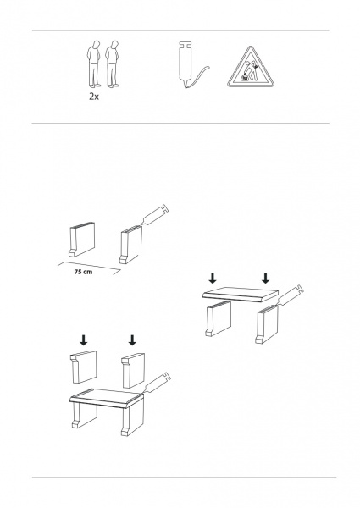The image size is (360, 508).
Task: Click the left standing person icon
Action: click(x=93, y=64)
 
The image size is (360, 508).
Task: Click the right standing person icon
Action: click(x=112, y=64)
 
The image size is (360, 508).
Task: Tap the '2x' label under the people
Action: click(x=94, y=97)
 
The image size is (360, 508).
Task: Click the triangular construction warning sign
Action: click(x=250, y=68)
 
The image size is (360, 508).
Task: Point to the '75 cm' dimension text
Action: click(x=83, y=272)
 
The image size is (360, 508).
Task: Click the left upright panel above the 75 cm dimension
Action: click(x=82, y=240)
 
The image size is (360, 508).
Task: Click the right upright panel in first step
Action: click(x=131, y=245)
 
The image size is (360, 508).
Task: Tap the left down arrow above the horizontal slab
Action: click(x=213, y=279)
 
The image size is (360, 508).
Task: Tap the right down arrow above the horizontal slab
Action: click(x=266, y=279)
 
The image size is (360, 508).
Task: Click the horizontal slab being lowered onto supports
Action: click(x=241, y=294)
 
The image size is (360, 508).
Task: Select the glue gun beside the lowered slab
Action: click(x=291, y=295)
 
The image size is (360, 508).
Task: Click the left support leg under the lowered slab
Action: click(x=219, y=319)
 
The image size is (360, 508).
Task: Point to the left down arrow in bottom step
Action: click(x=84, y=340)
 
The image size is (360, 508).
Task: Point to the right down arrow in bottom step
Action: click(x=132, y=340)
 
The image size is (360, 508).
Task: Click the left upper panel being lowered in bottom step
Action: click(x=84, y=367)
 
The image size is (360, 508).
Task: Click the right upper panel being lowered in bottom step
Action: click(x=133, y=370)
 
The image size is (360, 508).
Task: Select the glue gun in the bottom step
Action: click(x=158, y=383)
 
